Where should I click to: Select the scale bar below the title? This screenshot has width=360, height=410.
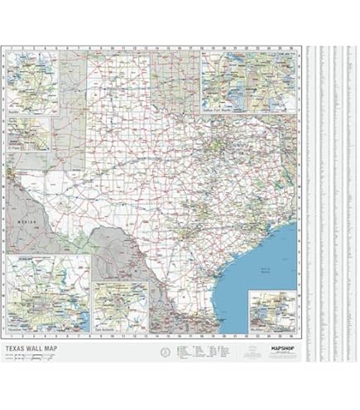click(x=33, y=358)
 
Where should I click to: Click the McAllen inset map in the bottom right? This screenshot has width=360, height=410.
click(x=272, y=312)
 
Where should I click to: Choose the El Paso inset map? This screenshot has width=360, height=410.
click(x=30, y=135)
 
